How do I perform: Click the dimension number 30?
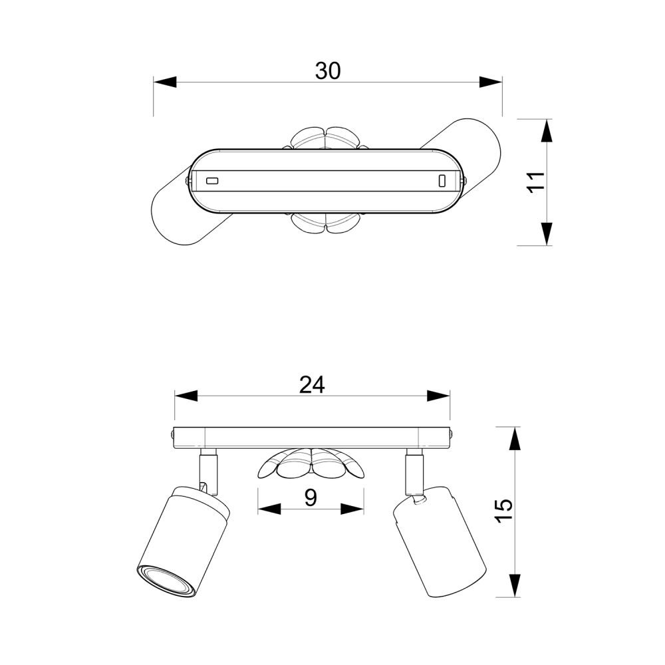coord(328,71)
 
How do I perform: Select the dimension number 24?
coord(311,385)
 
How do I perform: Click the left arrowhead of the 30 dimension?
coord(166,82)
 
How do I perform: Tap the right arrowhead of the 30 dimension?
coord(491,82)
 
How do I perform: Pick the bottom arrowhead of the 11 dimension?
coord(546,233)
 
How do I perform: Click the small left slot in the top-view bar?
coord(212,180)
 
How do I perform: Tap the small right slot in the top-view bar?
coord(441,180)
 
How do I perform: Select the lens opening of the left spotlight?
coord(166,581)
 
